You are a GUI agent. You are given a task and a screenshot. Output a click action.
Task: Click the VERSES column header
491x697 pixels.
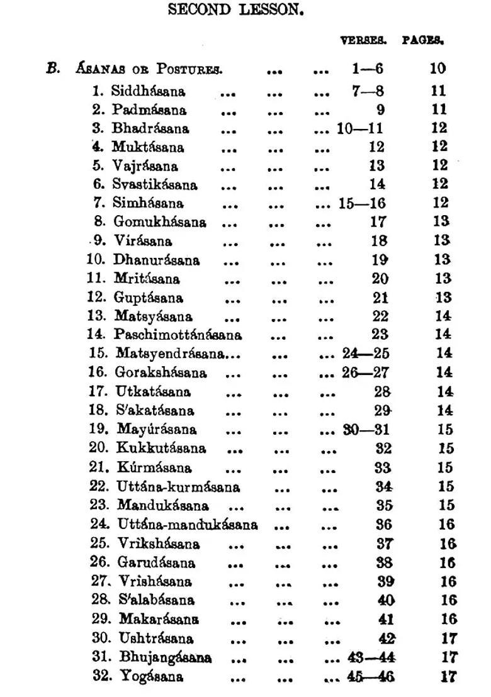click(363, 40)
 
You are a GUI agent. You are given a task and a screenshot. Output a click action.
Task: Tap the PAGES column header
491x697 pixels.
click(424, 40)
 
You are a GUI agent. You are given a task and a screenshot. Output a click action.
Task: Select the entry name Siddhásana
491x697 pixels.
click(148, 91)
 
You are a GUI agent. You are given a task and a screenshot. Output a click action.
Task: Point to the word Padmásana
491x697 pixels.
click(149, 110)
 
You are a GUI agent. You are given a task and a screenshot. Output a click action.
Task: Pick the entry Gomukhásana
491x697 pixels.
click(159, 222)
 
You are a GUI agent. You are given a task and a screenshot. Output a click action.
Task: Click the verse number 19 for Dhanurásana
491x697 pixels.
click(378, 260)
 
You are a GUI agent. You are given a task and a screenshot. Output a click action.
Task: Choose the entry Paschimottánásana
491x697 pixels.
click(178, 335)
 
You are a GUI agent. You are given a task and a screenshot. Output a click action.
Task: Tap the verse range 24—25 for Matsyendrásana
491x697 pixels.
click(366, 354)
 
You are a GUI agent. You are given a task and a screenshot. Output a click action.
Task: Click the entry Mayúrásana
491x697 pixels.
click(157, 430)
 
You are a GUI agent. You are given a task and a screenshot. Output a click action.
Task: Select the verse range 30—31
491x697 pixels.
click(366, 430)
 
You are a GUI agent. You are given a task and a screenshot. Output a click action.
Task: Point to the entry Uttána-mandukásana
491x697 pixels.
click(187, 524)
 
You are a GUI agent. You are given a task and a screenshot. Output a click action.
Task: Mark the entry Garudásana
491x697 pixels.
click(156, 562)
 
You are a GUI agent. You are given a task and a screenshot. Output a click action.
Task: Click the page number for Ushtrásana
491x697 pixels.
click(449, 638)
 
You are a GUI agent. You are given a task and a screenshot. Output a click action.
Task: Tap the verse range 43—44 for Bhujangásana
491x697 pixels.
click(371, 658)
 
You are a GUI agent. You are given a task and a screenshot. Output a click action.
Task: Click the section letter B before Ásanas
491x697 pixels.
click(53, 68)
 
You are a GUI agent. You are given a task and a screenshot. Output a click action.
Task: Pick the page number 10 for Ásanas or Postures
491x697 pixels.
click(437, 69)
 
